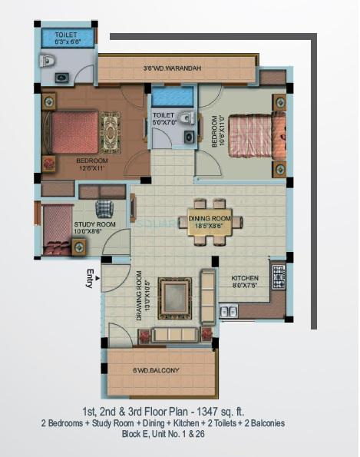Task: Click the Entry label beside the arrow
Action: tap(91, 280)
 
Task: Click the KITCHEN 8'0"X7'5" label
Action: tap(246, 281)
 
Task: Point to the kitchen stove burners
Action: tap(277, 275)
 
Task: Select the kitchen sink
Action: tap(228, 311)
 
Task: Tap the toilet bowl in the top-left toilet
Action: tap(47, 61)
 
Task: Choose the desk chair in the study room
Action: tap(104, 208)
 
